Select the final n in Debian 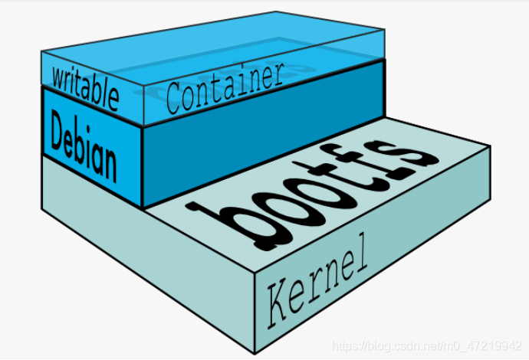(109, 164)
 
